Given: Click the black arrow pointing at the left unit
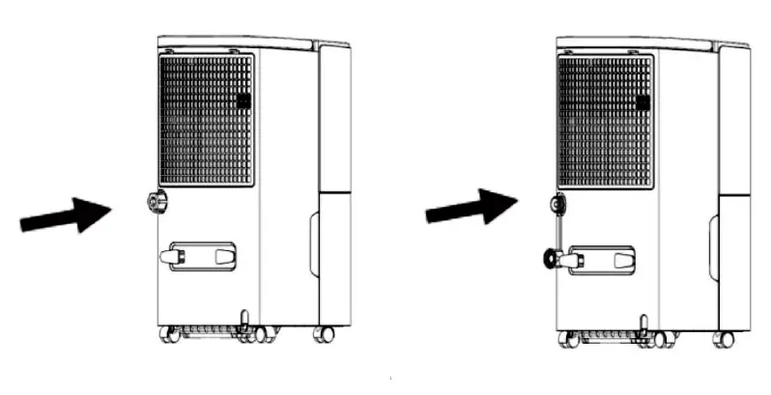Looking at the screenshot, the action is (66, 214).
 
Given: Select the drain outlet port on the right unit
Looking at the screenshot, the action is (557, 204).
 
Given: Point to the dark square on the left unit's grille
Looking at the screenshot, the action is (243, 100).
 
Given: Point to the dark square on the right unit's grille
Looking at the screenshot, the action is (643, 101).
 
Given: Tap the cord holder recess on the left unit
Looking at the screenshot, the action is (202, 256).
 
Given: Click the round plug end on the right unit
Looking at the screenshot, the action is (549, 259).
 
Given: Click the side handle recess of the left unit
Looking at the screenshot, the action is (314, 243).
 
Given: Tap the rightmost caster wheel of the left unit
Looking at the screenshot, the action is (324, 334).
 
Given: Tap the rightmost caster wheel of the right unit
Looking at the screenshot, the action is (723, 338).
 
